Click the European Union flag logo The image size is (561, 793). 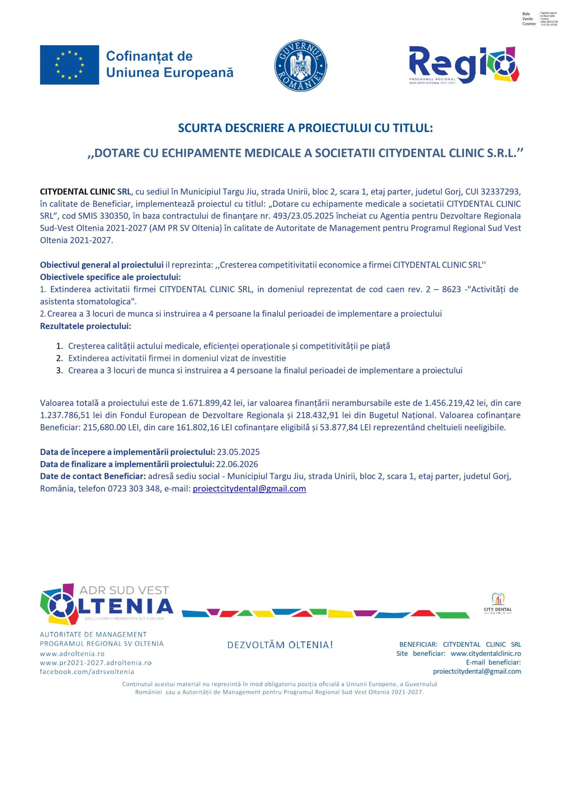69,65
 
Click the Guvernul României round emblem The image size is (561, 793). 300,65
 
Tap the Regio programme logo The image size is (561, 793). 464,65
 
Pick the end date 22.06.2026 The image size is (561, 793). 237,464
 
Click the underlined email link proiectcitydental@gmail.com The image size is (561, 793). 249,489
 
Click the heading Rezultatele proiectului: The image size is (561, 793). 85,326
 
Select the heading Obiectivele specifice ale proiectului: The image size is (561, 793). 110,277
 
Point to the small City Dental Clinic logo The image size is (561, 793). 497,604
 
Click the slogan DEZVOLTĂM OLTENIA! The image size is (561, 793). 280,645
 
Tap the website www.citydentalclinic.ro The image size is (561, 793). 486,654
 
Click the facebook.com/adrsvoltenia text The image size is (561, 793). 87,672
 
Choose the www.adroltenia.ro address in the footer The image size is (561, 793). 72,654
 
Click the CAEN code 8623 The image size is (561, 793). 451,289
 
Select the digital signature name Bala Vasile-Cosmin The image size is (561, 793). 528,19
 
